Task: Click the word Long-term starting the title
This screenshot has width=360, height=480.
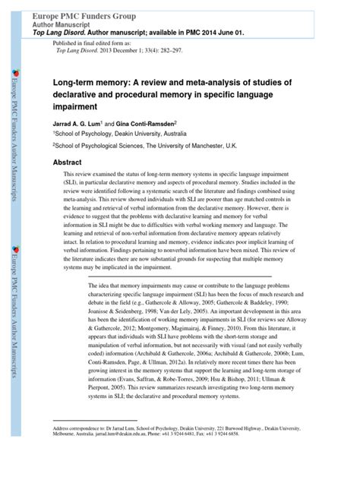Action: pos(77,84)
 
